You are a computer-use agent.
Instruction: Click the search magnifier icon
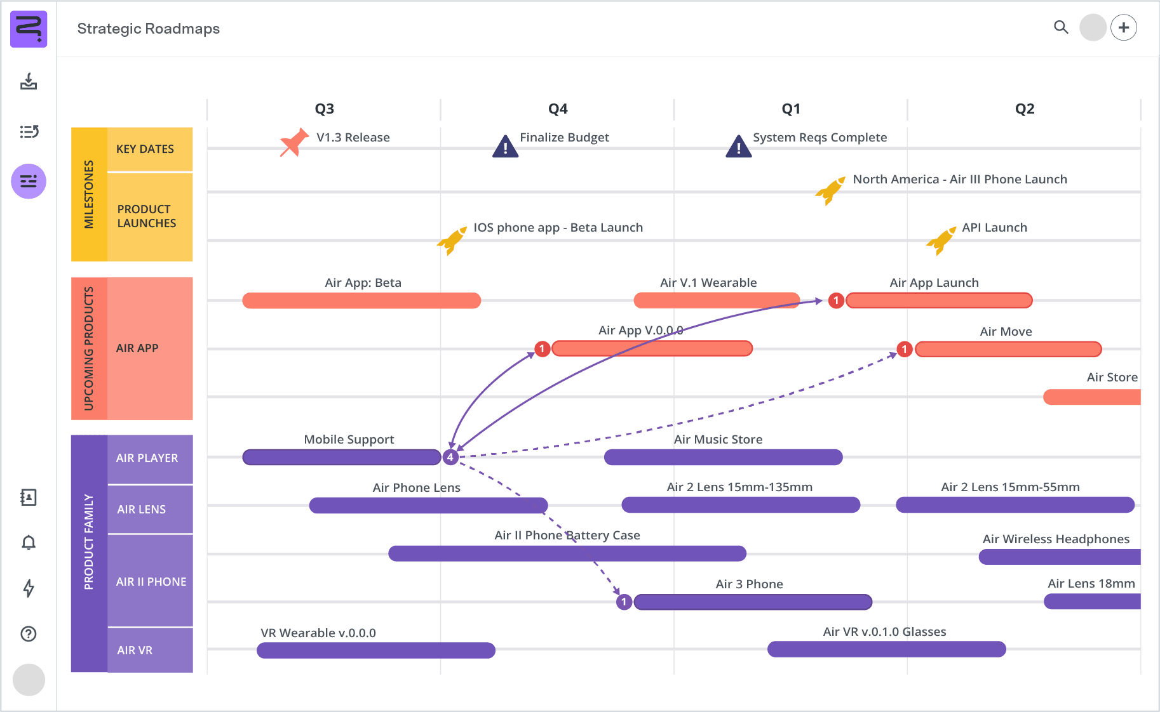point(1061,27)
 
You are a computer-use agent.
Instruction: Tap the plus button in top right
point(1124,27)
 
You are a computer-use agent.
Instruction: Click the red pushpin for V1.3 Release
point(293,142)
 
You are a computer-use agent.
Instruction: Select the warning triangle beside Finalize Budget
point(505,147)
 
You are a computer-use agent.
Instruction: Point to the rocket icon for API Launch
point(940,241)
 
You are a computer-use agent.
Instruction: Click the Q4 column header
point(557,109)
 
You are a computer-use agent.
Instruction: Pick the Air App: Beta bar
point(361,300)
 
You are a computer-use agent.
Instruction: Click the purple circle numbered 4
point(450,457)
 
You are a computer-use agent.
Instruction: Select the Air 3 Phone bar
point(753,602)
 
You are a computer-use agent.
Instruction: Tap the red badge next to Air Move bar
point(905,349)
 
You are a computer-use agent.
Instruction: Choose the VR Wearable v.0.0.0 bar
point(375,650)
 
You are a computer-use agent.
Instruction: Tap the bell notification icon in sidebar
point(29,543)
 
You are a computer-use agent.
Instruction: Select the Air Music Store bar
point(723,457)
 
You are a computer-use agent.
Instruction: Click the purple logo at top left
point(29,29)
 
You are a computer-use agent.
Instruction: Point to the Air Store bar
point(1091,397)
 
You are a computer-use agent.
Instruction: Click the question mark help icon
point(29,633)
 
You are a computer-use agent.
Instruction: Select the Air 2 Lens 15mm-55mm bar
point(1015,505)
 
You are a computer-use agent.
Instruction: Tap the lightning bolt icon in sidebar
point(29,588)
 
